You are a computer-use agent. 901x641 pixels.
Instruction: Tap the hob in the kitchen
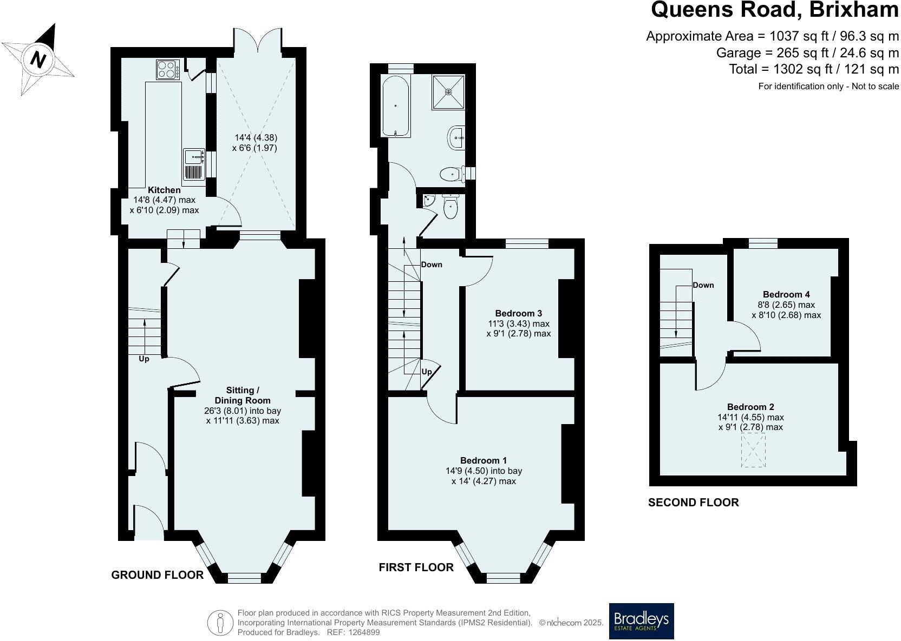(x=168, y=69)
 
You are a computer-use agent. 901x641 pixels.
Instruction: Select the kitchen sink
(x=193, y=157)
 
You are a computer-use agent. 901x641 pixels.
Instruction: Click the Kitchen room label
(x=164, y=190)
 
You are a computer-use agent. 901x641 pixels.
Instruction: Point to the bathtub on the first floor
(x=396, y=105)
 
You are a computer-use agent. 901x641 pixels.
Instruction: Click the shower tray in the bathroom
(x=448, y=92)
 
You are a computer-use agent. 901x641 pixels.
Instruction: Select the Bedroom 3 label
(x=518, y=313)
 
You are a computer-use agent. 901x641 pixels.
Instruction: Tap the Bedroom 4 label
(x=786, y=294)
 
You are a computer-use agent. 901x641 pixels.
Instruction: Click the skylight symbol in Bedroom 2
(x=753, y=453)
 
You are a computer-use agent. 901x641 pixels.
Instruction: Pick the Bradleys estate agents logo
(x=641, y=620)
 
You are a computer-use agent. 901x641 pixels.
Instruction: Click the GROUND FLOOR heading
(x=157, y=575)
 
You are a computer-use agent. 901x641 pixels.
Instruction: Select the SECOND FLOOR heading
(x=693, y=503)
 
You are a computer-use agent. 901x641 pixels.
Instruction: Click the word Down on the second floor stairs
(x=703, y=285)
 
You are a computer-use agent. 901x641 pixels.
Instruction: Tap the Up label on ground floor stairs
(x=143, y=359)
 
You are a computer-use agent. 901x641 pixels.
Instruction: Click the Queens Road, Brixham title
(x=774, y=10)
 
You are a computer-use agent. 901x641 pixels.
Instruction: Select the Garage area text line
(x=807, y=53)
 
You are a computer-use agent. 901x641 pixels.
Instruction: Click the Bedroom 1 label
(x=483, y=460)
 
